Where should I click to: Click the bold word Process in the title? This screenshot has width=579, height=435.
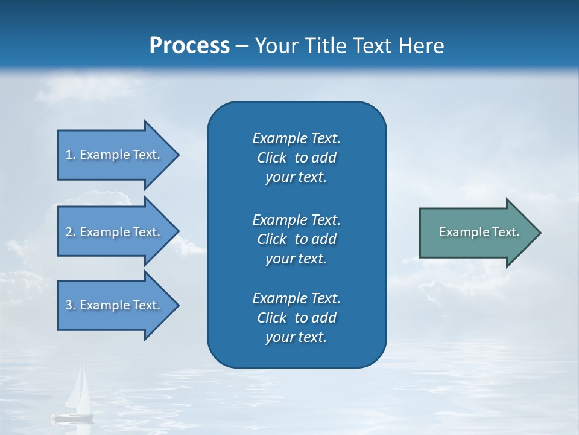(189, 46)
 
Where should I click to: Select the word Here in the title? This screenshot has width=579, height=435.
(420, 46)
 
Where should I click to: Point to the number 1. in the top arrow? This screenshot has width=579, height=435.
(71, 155)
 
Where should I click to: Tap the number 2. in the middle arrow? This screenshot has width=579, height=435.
(71, 232)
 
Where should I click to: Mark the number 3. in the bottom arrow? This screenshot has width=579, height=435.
(71, 305)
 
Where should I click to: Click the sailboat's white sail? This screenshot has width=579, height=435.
(78, 390)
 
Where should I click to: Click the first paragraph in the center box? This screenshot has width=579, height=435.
(296, 158)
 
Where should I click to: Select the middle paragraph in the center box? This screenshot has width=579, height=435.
(296, 239)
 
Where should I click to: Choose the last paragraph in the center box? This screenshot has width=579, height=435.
(296, 318)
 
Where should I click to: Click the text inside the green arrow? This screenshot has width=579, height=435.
(479, 232)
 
